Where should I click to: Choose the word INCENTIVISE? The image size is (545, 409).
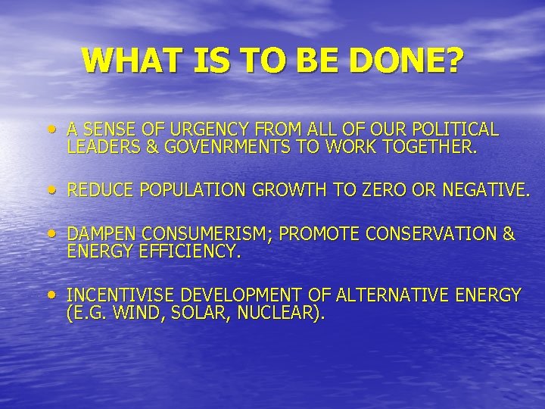click(124, 295)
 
